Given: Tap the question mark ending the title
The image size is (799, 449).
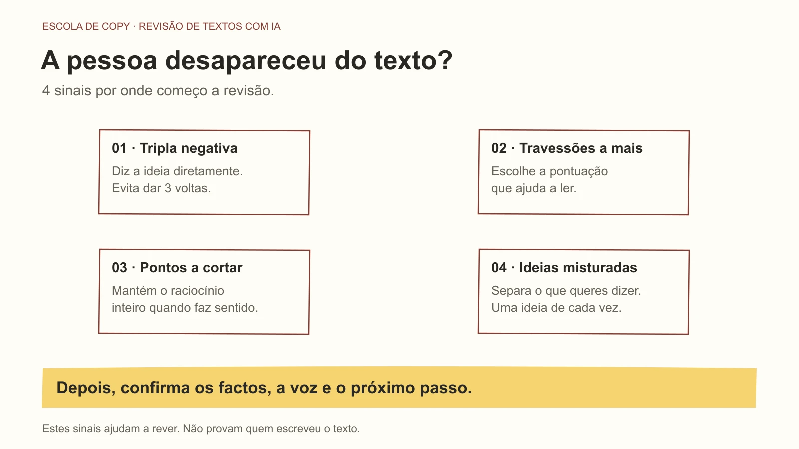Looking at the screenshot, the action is (x=445, y=59).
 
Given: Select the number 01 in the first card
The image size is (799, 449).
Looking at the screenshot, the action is (x=119, y=148).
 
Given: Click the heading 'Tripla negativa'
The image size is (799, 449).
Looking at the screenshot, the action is (x=188, y=148).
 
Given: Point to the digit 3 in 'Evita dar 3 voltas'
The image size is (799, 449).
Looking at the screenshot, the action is (x=168, y=188).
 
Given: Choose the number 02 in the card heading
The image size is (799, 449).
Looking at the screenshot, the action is (x=499, y=148).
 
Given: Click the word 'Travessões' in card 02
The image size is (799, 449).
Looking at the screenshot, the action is (x=557, y=148).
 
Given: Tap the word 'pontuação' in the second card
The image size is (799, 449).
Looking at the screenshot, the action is (x=578, y=172).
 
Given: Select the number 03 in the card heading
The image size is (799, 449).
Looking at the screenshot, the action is (x=119, y=268).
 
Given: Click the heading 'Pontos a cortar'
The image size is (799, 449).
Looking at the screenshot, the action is (x=191, y=268).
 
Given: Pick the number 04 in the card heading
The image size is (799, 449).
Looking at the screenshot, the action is (x=499, y=268).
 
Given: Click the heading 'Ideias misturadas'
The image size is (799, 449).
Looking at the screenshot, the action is (x=578, y=268).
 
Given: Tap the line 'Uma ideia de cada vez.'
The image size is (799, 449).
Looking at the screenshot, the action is (x=556, y=308).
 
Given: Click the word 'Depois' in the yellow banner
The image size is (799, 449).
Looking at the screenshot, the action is (x=86, y=388).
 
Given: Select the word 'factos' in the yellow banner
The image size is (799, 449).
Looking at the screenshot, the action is (x=245, y=388).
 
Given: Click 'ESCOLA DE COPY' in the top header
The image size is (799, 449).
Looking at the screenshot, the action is (x=86, y=27).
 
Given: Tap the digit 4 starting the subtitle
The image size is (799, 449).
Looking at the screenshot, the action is (x=46, y=90).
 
